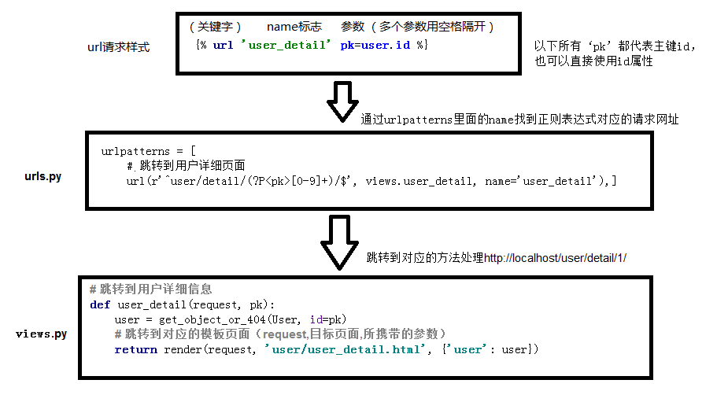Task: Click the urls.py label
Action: (43, 176)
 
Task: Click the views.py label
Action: (41, 334)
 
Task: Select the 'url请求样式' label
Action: (118, 47)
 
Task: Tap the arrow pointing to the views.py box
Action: (342, 242)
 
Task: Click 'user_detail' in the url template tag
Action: (287, 45)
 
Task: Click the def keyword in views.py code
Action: (100, 304)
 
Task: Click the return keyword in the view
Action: (135, 349)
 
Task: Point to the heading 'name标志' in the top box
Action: (294, 27)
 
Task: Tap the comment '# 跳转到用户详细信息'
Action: (151, 290)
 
